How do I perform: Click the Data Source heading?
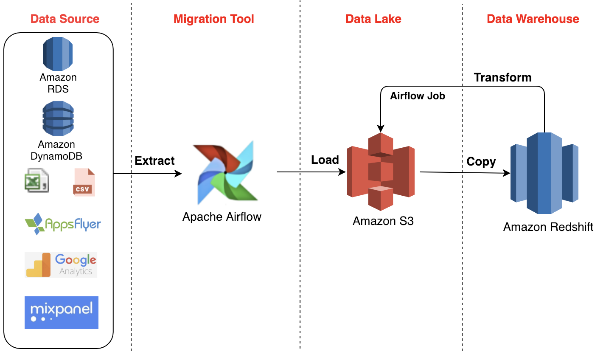coord(65,19)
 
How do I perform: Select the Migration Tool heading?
coord(213,19)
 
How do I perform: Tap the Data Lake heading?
coord(373,19)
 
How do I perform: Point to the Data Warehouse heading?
coord(533,19)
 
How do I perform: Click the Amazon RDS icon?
coord(58,54)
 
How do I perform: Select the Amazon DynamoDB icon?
coord(58,118)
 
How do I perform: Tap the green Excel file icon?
coord(36,180)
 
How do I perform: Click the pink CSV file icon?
coord(84,183)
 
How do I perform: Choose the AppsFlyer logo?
coord(63,224)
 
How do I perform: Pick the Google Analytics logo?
coord(61,265)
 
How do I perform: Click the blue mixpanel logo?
coord(62,312)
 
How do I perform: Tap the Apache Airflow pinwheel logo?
coord(225,172)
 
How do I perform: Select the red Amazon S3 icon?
coord(381,172)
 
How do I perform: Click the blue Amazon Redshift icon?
coord(544,173)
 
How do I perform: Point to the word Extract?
coord(154,161)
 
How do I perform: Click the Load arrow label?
coord(325,160)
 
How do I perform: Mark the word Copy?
coord(481,162)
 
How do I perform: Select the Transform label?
coord(502,78)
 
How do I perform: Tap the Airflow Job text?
coord(418,96)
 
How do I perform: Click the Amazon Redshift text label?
coord(548,227)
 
